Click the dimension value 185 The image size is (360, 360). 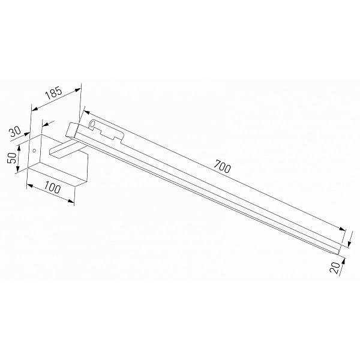click(x=53, y=92)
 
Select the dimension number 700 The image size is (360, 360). click(x=222, y=166)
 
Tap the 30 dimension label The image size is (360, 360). click(x=15, y=132)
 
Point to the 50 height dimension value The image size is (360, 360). click(x=13, y=157)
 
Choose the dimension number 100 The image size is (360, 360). click(x=52, y=187)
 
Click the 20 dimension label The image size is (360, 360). click(x=335, y=268)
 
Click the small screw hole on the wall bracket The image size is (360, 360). click(x=34, y=151)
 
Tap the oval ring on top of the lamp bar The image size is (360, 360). click(x=92, y=124)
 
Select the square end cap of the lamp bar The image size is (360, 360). click(x=72, y=131)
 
